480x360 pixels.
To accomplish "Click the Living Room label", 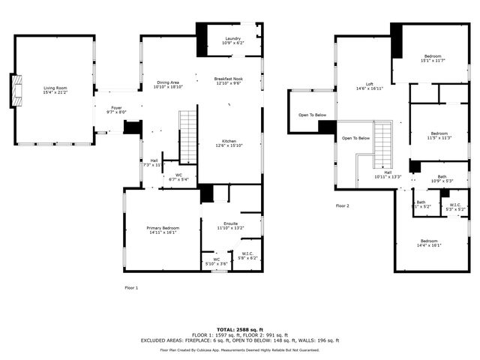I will pos(55,88).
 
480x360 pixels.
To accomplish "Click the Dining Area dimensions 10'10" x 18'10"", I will pos(168,88).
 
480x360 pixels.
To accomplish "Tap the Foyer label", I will pos(116,107).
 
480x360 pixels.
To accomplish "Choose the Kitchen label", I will pos(229,140).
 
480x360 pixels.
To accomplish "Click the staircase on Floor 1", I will pos(187,136).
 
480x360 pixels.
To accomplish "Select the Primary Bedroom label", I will pos(163,227).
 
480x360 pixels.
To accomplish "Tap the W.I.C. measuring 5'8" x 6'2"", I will pos(247,254).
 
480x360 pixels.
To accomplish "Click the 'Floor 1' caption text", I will pos(131,287).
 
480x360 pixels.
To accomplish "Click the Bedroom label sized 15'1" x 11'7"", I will pos(433,56).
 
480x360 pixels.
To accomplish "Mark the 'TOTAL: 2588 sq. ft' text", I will pos(239,329).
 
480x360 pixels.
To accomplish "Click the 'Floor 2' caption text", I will pos(343,205).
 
